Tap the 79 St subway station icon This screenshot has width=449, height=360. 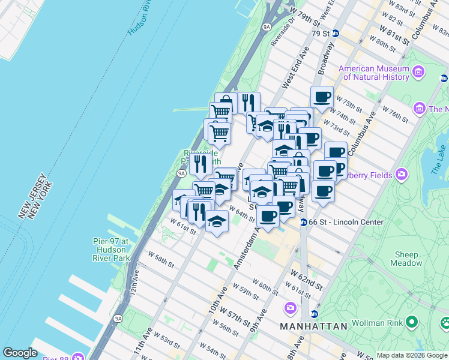[336, 34]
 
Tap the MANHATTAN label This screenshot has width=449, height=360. [313, 326]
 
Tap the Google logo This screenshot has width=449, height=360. [20, 353]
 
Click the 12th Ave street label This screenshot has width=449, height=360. [134, 281]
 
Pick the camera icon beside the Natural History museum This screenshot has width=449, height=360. [418, 73]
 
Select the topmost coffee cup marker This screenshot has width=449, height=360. [322, 96]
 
